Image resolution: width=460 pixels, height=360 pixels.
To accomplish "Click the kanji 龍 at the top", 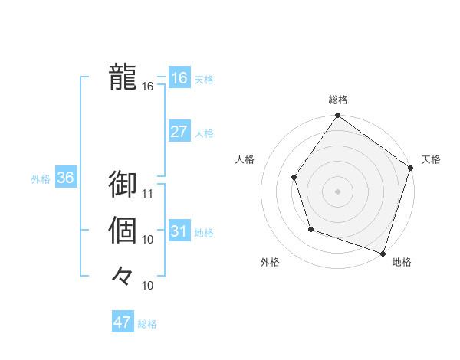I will pyautogui.click(x=123, y=77).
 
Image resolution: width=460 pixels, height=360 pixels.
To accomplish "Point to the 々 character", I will pyautogui.click(x=123, y=274).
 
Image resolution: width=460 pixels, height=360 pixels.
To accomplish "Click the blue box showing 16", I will pyautogui.click(x=179, y=78).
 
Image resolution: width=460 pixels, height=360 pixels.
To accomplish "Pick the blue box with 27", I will pyautogui.click(x=179, y=132).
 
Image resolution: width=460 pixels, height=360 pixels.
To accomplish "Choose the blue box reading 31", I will pyautogui.click(x=179, y=231).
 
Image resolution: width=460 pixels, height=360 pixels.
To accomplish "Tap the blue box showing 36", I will pyautogui.click(x=66, y=178).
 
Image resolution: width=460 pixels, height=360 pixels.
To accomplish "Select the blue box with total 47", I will pyautogui.click(x=123, y=322).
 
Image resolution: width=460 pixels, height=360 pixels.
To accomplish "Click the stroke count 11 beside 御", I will pyautogui.click(x=149, y=193).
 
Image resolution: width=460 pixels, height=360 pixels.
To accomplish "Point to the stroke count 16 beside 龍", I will pyautogui.click(x=148, y=87).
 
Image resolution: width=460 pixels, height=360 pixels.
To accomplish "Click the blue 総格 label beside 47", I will pyautogui.click(x=147, y=324).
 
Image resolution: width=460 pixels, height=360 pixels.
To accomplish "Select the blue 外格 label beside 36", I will pyautogui.click(x=41, y=179).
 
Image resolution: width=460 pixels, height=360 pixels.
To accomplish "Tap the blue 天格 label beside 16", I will pyautogui.click(x=204, y=80).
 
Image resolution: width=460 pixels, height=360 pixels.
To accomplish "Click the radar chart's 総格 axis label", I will pyautogui.click(x=338, y=100).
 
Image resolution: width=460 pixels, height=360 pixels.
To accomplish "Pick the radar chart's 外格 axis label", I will pyautogui.click(x=270, y=263).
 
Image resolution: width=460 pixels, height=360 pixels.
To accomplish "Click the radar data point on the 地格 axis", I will pyautogui.click(x=383, y=252).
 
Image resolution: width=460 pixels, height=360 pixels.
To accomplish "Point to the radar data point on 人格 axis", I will pyautogui.click(x=294, y=178).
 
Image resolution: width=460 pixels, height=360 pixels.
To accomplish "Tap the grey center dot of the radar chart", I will pyautogui.click(x=337, y=191).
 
